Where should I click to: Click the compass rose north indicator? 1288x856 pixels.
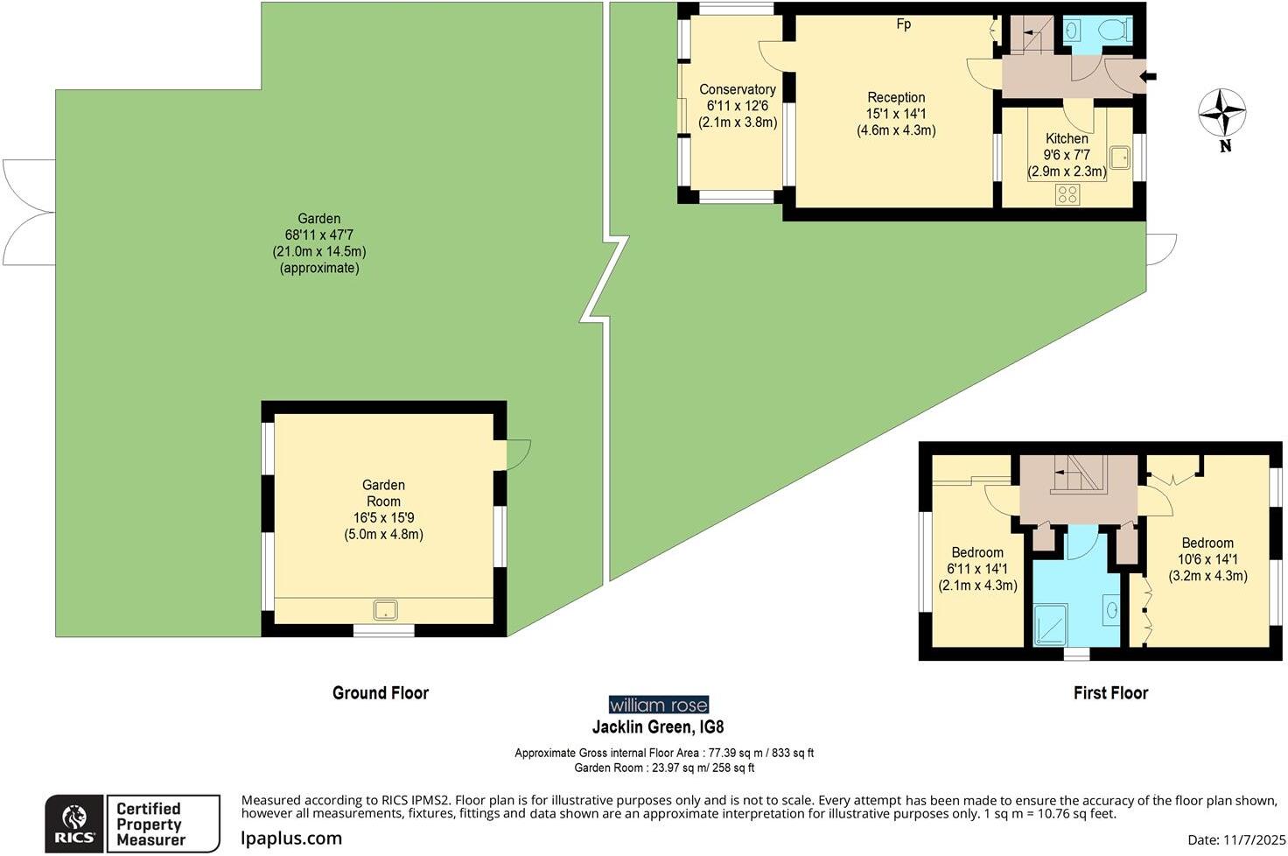coord(1221,114)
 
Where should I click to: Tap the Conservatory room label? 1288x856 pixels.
coord(737,89)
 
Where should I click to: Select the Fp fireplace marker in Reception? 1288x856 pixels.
coord(903,25)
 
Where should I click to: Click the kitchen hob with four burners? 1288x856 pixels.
coord(1067,194)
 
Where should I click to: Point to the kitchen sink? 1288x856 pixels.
coord(1119,158)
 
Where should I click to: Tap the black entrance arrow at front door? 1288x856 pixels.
coord(1148,77)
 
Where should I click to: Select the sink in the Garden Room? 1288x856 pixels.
coord(385,609)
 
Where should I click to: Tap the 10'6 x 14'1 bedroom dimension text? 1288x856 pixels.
coord(1207,559)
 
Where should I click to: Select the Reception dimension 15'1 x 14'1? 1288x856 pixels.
coord(896,114)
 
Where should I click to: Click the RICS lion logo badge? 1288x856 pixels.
coord(75,824)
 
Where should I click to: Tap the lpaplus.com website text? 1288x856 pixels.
coord(291,838)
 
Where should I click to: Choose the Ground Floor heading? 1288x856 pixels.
coord(381,693)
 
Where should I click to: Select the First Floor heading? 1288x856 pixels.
coord(1110,693)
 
